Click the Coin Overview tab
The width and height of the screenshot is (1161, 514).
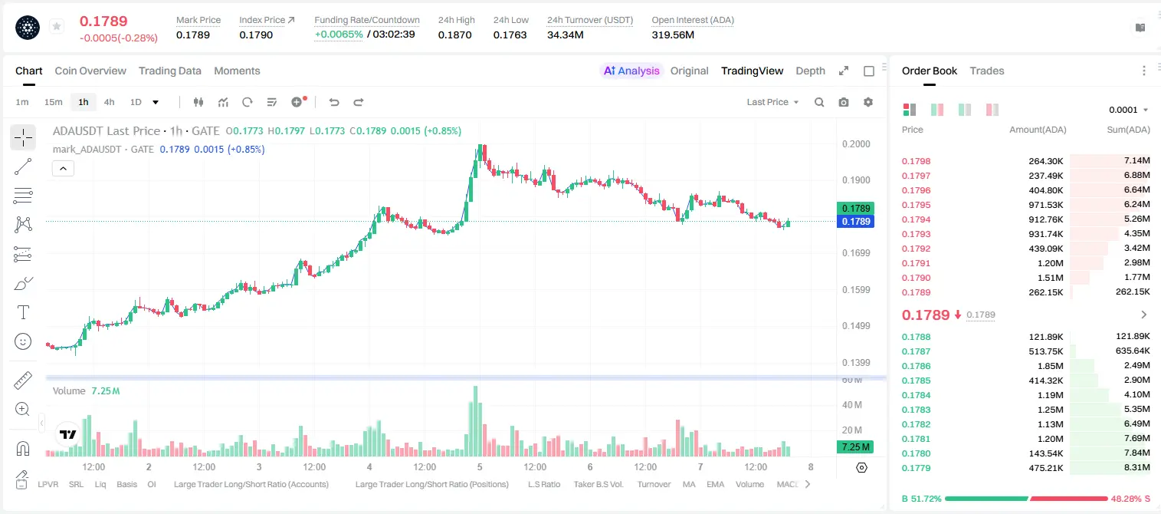pyautogui.click(x=90, y=71)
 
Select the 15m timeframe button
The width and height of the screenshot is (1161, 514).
pyautogui.click(x=53, y=102)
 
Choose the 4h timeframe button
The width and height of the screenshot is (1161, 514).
pyautogui.click(x=109, y=102)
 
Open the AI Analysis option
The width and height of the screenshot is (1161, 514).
pyautogui.click(x=631, y=71)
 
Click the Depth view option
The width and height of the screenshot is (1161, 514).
pyautogui.click(x=810, y=71)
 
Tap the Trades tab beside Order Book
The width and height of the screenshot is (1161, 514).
pyautogui.click(x=987, y=71)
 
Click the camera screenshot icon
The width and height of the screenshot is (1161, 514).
pyautogui.click(x=844, y=102)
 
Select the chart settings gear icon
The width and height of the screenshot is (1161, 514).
pyautogui.click(x=868, y=102)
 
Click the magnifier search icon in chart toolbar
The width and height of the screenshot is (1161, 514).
pyautogui.click(x=819, y=102)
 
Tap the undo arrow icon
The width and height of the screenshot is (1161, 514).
pyautogui.click(x=334, y=102)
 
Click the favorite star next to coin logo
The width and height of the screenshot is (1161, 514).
pyautogui.click(x=57, y=26)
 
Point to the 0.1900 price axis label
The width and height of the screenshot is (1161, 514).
pyautogui.click(x=856, y=180)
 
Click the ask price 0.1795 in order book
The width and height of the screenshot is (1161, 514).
pyautogui.click(x=917, y=205)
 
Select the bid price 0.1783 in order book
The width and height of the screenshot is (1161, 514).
pyautogui.click(x=917, y=410)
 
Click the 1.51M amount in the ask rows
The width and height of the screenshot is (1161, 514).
pyautogui.click(x=1050, y=278)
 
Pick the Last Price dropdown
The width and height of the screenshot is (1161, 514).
pyautogui.click(x=772, y=102)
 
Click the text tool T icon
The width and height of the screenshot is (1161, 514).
pyautogui.click(x=23, y=312)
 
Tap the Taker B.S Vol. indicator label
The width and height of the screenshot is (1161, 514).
pyautogui.click(x=598, y=484)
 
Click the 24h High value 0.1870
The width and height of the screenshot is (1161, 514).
pyautogui.click(x=454, y=35)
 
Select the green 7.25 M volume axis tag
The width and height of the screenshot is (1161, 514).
pyautogui.click(x=855, y=447)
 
